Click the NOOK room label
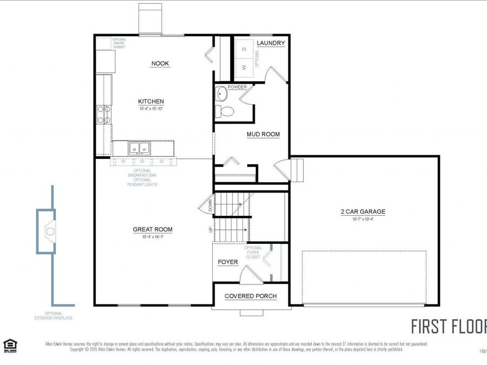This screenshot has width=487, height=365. [160, 64]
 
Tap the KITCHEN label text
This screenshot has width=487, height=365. [150, 102]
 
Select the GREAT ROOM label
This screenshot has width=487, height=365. [153, 230]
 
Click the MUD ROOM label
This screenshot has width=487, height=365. [263, 135]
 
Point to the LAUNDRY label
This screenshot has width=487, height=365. [271, 43]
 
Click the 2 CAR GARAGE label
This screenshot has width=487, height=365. [363, 212]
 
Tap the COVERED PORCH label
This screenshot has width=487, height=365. [251, 296]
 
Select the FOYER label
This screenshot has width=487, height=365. [228, 262]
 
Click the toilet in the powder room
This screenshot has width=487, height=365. [226, 111]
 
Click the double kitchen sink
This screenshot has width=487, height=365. [139, 148]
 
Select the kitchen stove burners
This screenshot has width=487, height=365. [103, 114]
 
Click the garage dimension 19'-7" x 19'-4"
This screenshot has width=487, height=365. [363, 220]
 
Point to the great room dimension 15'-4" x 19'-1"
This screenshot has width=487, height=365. [153, 237]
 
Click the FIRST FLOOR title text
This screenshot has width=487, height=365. [449, 327]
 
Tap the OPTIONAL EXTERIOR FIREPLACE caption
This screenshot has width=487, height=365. [53, 316]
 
